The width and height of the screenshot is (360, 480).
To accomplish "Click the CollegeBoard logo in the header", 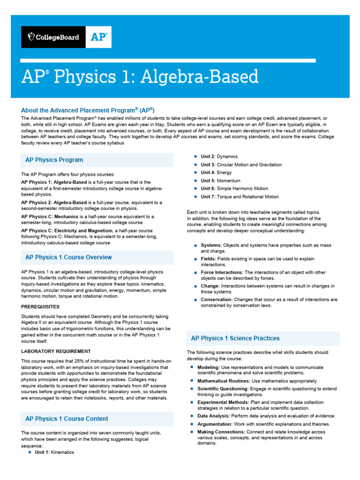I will pos(53,37).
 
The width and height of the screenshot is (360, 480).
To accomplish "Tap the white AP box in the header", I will pos(98,37).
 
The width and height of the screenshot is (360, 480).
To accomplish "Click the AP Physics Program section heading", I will pos(54,160).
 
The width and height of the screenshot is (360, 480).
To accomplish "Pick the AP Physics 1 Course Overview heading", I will pos(68,257).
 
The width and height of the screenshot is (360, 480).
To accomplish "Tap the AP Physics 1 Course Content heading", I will pos(67,419).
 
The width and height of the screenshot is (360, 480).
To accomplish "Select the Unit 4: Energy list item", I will pos(216,172).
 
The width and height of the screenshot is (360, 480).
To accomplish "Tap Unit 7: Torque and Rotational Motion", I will pos(240,197).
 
